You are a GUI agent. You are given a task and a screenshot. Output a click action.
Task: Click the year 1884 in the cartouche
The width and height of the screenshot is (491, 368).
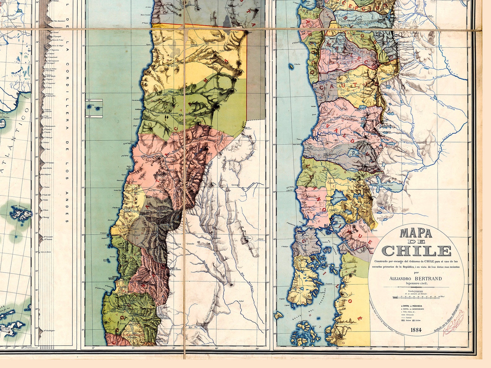coord(416,330)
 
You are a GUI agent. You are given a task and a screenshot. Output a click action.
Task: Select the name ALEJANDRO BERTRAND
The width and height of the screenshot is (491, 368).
coord(416,278)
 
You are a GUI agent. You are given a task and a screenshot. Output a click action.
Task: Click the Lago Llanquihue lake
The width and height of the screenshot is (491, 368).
coord(336,199)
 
